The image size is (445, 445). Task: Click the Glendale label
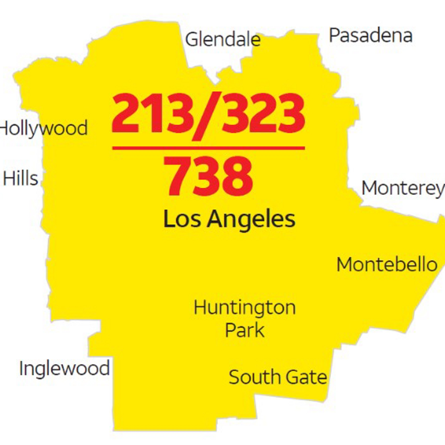pos(223,39)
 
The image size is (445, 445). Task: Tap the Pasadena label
pos(370,35)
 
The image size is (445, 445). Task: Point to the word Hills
pos(21,178)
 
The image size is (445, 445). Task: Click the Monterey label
pos(403,188)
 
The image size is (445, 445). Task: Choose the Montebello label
pos(387,265)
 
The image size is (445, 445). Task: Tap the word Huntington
pos(245,307)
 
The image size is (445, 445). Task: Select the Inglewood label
pos(64,368)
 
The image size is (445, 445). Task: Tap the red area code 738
pos(209,177)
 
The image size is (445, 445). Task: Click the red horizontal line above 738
pos(208,148)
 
